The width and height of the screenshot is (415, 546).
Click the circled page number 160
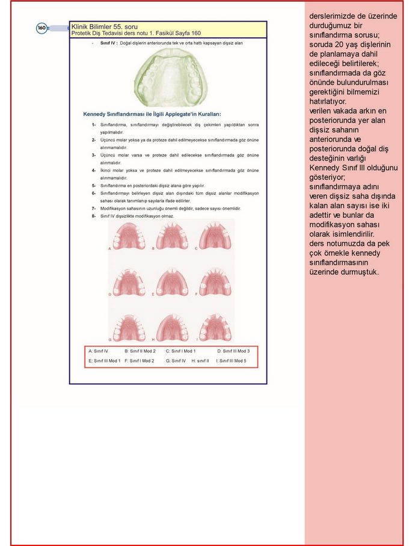coord(41,28)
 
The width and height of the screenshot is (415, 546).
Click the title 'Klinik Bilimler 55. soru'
coord(105,26)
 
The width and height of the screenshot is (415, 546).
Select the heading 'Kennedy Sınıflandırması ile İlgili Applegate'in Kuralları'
coord(152,114)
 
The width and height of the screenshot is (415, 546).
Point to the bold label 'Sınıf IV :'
coord(109,44)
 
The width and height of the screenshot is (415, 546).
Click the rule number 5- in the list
coord(94,186)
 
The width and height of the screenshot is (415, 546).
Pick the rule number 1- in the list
coord(94,124)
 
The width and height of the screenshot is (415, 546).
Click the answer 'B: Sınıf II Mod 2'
coord(140,351)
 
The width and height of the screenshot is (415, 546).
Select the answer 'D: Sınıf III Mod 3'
coord(233,351)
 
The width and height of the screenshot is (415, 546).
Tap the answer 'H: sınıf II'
coord(200,361)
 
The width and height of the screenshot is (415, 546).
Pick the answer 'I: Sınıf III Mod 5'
coord(231,361)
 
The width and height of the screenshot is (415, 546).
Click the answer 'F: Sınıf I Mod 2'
coord(140,361)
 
